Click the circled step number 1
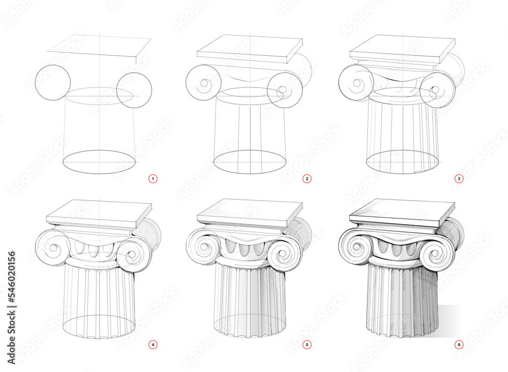152,178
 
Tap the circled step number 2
307,178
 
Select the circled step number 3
459,178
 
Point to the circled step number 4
152,345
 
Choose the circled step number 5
307,345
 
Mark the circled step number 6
459,345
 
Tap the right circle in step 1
134,90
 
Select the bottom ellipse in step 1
100,162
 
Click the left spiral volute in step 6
358,247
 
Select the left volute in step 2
203,83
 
